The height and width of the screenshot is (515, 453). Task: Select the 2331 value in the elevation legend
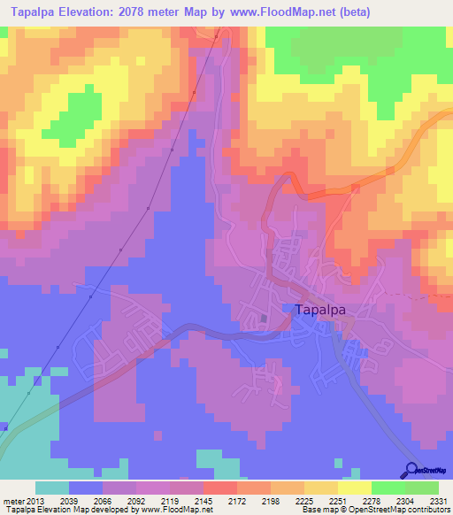coord(438,499)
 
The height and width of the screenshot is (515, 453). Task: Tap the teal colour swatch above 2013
coord(52,488)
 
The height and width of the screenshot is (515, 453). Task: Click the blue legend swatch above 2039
coord(86,488)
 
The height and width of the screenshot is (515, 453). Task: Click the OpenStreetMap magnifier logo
coord(411,470)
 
